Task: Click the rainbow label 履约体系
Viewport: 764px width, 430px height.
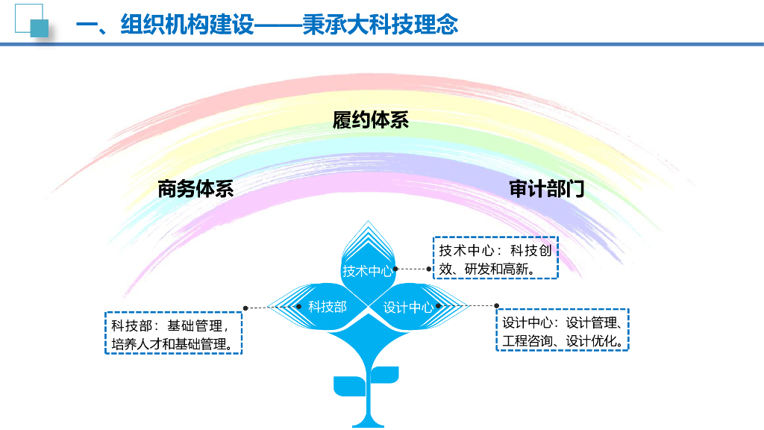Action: click(x=371, y=120)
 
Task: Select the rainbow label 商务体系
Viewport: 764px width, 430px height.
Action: click(x=195, y=189)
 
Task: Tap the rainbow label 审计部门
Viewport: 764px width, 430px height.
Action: click(x=547, y=189)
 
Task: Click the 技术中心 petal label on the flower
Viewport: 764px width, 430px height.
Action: click(x=366, y=271)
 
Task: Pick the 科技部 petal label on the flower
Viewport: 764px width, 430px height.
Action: click(x=328, y=306)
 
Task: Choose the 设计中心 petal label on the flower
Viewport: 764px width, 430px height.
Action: click(x=407, y=307)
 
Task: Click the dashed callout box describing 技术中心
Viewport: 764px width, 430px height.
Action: click(x=495, y=258)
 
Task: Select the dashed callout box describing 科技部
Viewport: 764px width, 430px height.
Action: click(x=173, y=334)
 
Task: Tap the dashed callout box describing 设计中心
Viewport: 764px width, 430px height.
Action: click(x=563, y=331)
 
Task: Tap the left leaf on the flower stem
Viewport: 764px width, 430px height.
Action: click(x=348, y=387)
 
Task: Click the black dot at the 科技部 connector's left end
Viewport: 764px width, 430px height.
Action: click(x=246, y=307)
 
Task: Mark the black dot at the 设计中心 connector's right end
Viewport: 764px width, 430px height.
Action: click(x=496, y=305)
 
